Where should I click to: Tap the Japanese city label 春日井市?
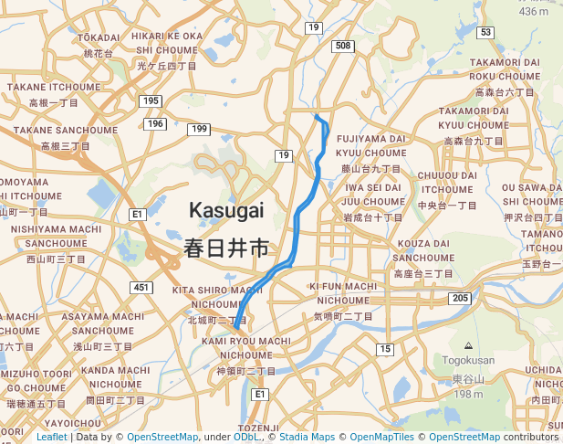tap(226, 248)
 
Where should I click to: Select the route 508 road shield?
tap(343, 46)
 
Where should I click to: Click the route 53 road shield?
tap(485, 32)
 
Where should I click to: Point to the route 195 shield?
tap(151, 100)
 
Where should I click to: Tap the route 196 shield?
tap(154, 123)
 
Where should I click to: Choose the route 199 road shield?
tap(199, 130)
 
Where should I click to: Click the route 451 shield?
tap(141, 287)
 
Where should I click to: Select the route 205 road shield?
tap(460, 299)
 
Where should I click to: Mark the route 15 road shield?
tap(385, 349)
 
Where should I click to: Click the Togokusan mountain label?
tap(468, 361)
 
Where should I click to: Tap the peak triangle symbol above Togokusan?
tap(468, 346)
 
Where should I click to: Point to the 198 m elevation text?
tap(468, 394)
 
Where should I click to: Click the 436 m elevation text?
tap(533, 12)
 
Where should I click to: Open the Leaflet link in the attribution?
tap(51, 437)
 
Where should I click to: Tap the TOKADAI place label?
tap(99, 37)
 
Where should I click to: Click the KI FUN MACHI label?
tap(343, 286)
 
